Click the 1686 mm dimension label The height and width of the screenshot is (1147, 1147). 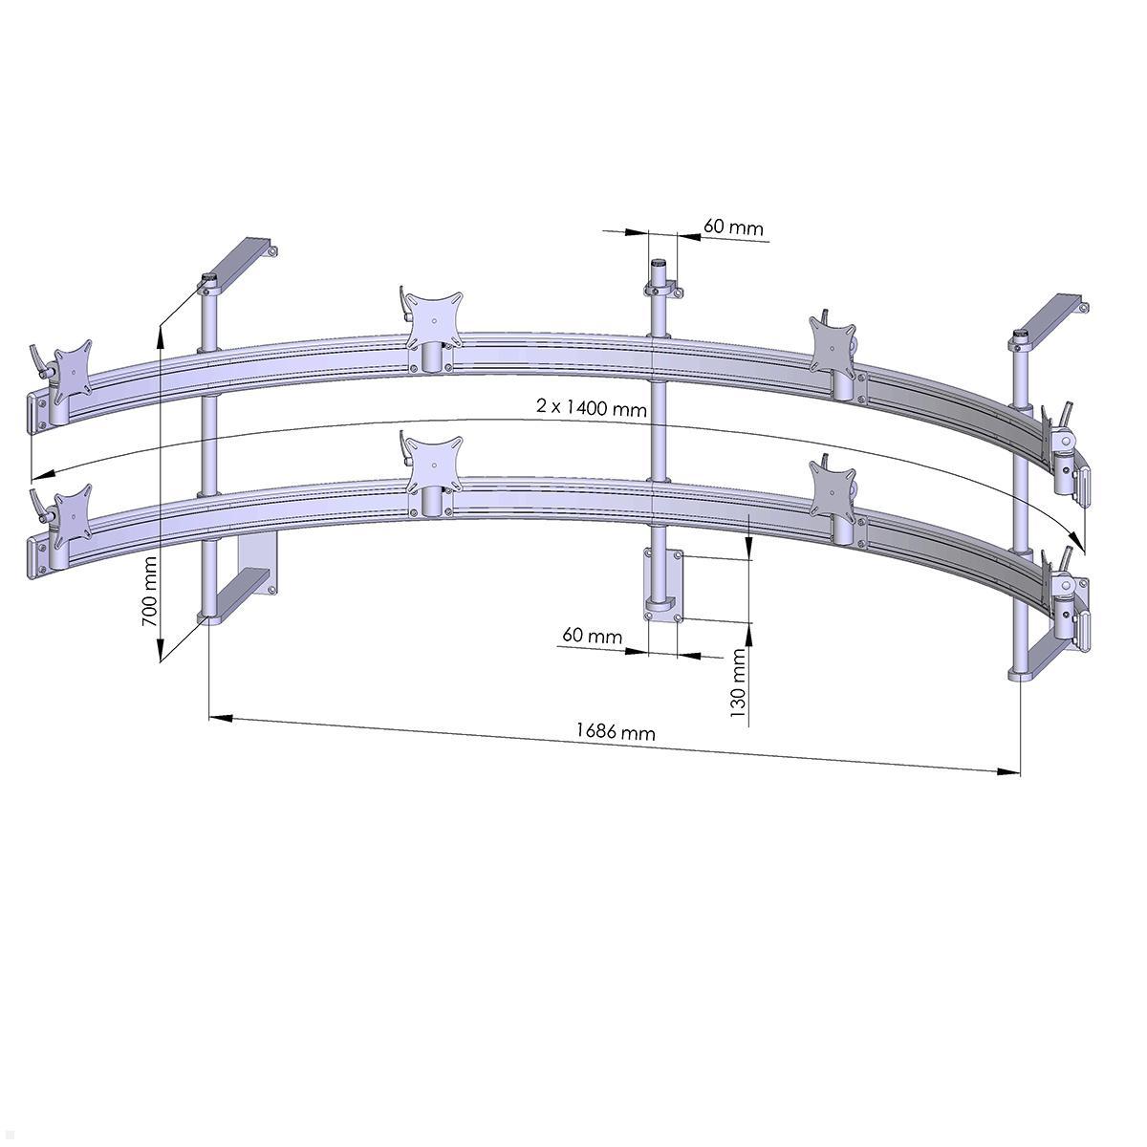(616, 732)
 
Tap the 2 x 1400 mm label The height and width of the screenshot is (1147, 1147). (592, 408)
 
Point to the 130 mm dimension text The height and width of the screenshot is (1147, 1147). (738, 682)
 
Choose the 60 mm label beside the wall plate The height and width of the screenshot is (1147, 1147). (592, 636)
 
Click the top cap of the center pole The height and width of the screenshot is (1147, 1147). (659, 264)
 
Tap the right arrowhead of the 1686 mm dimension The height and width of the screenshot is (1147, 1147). (1008, 769)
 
